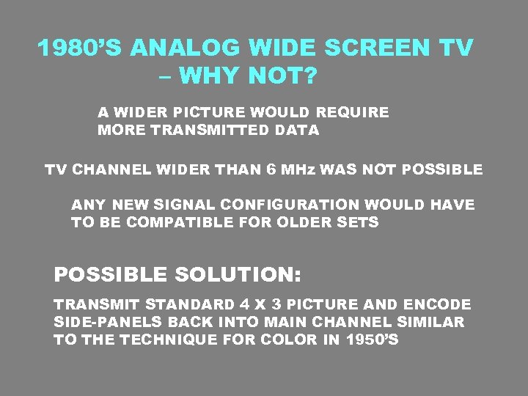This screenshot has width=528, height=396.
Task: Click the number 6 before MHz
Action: [271, 169]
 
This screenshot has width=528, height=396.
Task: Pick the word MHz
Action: [296, 169]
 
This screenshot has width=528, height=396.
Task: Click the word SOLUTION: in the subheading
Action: [238, 275]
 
